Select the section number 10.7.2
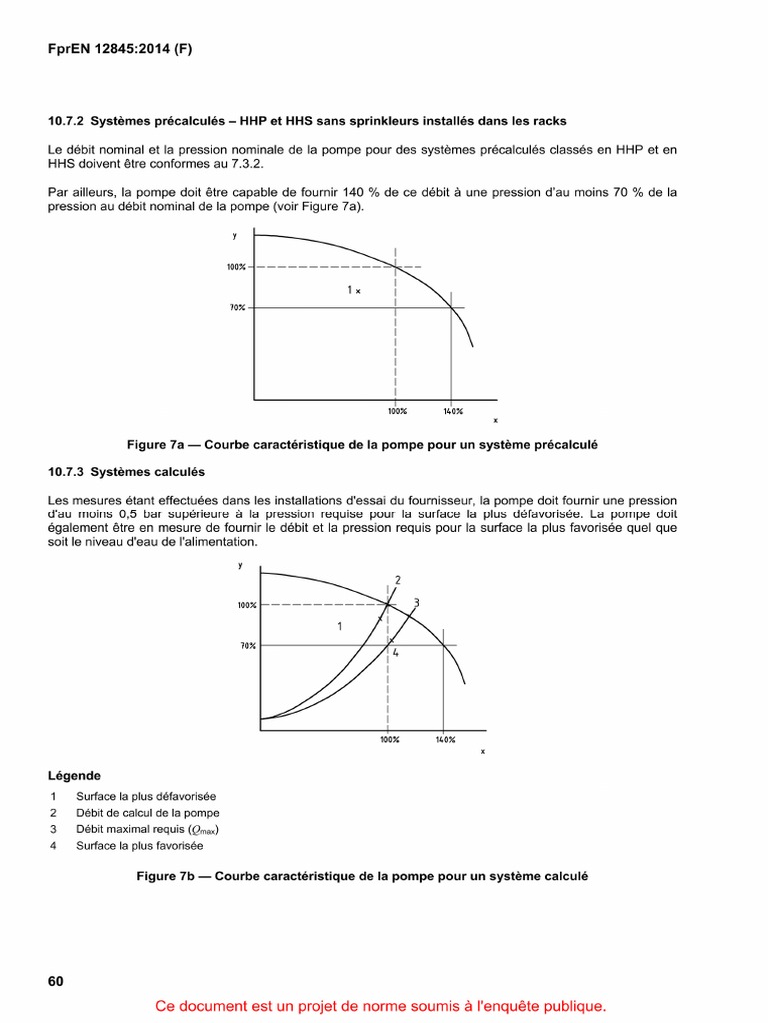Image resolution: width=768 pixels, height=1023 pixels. pos(67,121)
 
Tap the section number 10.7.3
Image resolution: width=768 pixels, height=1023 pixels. pos(67,471)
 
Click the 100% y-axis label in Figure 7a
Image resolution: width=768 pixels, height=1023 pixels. pos(235,267)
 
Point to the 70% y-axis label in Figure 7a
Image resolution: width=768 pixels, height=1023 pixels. pos(237,308)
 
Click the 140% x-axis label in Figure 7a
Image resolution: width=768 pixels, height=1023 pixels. pos(452,411)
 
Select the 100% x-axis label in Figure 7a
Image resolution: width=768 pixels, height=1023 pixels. pos(397,411)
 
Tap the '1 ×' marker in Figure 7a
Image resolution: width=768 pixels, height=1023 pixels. pos(353,290)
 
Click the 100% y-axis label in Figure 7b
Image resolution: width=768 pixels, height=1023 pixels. pos(247,605)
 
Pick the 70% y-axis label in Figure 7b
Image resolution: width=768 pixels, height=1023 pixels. pos(248,646)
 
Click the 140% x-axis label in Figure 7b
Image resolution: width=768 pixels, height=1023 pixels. pos(445,740)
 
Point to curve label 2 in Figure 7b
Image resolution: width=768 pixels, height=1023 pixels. pos(398,580)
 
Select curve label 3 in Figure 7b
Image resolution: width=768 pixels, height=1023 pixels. pos(415,602)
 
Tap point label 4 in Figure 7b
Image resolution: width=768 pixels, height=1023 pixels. pos(395,652)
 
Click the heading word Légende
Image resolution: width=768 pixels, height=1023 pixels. pos(74,775)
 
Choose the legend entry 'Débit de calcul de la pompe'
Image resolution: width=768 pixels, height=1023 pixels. pos(147,813)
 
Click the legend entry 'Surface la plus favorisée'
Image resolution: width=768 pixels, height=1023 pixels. pos(139,846)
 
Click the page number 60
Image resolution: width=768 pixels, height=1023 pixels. pos(55,981)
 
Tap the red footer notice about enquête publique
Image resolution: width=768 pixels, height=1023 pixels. pos(381,1006)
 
